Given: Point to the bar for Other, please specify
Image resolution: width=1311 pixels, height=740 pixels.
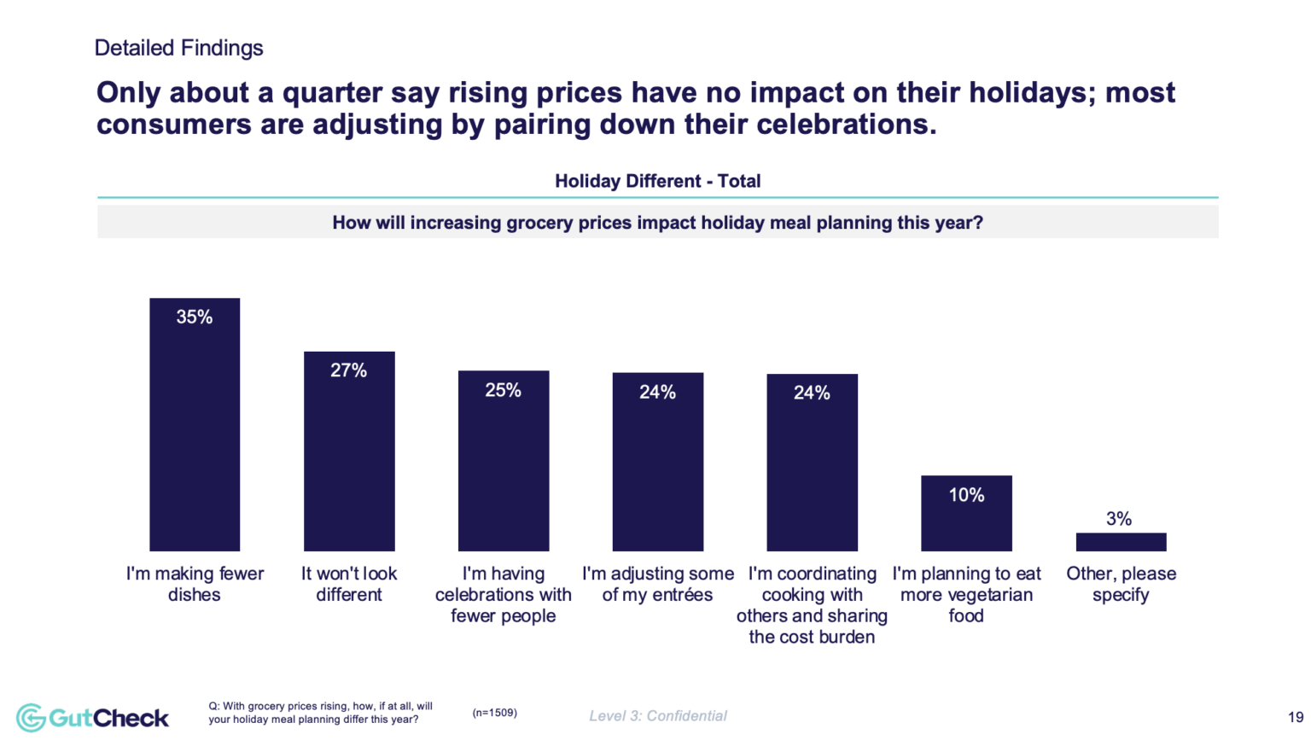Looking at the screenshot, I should click(x=1121, y=542).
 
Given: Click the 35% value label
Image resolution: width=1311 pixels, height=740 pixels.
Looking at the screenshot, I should click(x=195, y=318).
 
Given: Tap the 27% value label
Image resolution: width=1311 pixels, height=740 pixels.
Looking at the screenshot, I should click(x=349, y=370).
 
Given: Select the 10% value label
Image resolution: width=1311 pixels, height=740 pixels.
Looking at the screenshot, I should click(x=966, y=495).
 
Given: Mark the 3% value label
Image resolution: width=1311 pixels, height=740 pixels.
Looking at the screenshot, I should click(x=1119, y=519).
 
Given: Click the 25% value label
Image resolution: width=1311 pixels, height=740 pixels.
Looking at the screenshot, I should click(x=504, y=390).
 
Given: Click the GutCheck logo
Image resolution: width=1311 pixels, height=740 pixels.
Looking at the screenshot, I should click(x=93, y=717).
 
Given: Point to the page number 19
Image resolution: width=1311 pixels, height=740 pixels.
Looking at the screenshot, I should click(x=1295, y=717).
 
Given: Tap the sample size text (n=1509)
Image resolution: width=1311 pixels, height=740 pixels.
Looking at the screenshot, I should click(x=494, y=713).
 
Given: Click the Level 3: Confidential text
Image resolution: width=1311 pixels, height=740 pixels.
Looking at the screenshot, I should click(x=658, y=716).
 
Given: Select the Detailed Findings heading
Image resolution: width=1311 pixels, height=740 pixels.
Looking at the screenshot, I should click(x=178, y=48).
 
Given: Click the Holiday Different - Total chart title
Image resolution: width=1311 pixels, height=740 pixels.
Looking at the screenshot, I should click(x=657, y=181).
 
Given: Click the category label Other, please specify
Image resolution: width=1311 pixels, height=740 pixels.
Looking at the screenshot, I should click(x=1121, y=585).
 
